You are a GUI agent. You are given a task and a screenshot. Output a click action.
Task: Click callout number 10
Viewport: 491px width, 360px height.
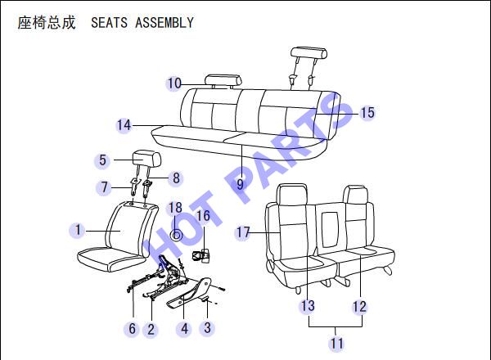click(x=174, y=83)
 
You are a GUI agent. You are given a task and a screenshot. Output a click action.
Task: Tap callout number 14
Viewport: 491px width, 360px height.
click(x=124, y=125)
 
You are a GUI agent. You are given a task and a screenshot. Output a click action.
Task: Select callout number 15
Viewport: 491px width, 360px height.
click(x=367, y=113)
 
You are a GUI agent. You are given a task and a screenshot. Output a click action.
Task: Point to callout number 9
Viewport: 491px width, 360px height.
click(x=240, y=184)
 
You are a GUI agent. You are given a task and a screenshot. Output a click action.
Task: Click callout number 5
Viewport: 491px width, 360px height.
click(x=102, y=160)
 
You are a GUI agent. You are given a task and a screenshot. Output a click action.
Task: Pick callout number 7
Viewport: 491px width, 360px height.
click(x=104, y=187)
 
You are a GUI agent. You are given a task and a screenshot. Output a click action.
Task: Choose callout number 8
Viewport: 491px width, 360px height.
click(x=176, y=178)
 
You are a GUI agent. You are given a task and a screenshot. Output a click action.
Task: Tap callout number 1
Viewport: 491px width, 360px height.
click(x=78, y=230)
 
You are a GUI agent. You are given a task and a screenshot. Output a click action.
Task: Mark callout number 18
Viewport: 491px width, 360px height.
click(x=175, y=208)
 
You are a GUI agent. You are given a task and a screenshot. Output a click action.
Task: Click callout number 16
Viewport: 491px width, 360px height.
click(x=203, y=216)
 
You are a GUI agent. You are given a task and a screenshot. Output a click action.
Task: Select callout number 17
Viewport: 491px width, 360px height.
click(x=243, y=232)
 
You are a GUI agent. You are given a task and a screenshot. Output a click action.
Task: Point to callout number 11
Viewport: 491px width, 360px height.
click(x=337, y=343)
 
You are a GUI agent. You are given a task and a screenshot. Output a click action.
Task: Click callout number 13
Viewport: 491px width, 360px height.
click(x=308, y=305)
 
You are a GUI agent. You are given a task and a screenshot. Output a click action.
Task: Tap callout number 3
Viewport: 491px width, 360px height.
click(x=207, y=328)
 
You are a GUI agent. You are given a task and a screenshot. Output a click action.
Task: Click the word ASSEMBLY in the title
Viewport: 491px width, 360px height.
click(x=164, y=23)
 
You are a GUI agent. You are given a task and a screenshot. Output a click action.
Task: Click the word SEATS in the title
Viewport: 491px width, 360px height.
click(x=110, y=23)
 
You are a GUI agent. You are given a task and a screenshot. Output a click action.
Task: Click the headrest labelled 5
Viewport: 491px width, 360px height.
click(x=146, y=158)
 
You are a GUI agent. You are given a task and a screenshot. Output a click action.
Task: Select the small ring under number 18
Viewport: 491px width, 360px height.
click(x=176, y=235)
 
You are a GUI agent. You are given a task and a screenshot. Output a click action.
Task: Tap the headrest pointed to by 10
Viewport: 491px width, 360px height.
click(x=223, y=80)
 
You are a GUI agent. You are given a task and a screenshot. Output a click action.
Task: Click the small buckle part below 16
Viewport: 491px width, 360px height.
click(x=200, y=256)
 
